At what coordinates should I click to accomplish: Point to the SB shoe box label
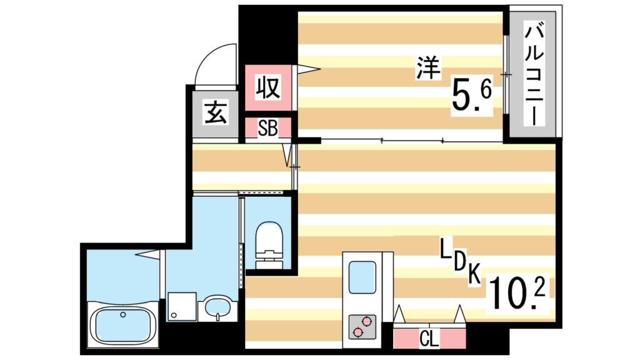point(267,129)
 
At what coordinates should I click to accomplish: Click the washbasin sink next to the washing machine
point(217,307)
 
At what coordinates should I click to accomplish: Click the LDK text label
point(459,263)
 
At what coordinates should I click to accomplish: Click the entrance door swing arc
point(214,62)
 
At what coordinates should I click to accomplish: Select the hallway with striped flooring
point(241,167)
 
